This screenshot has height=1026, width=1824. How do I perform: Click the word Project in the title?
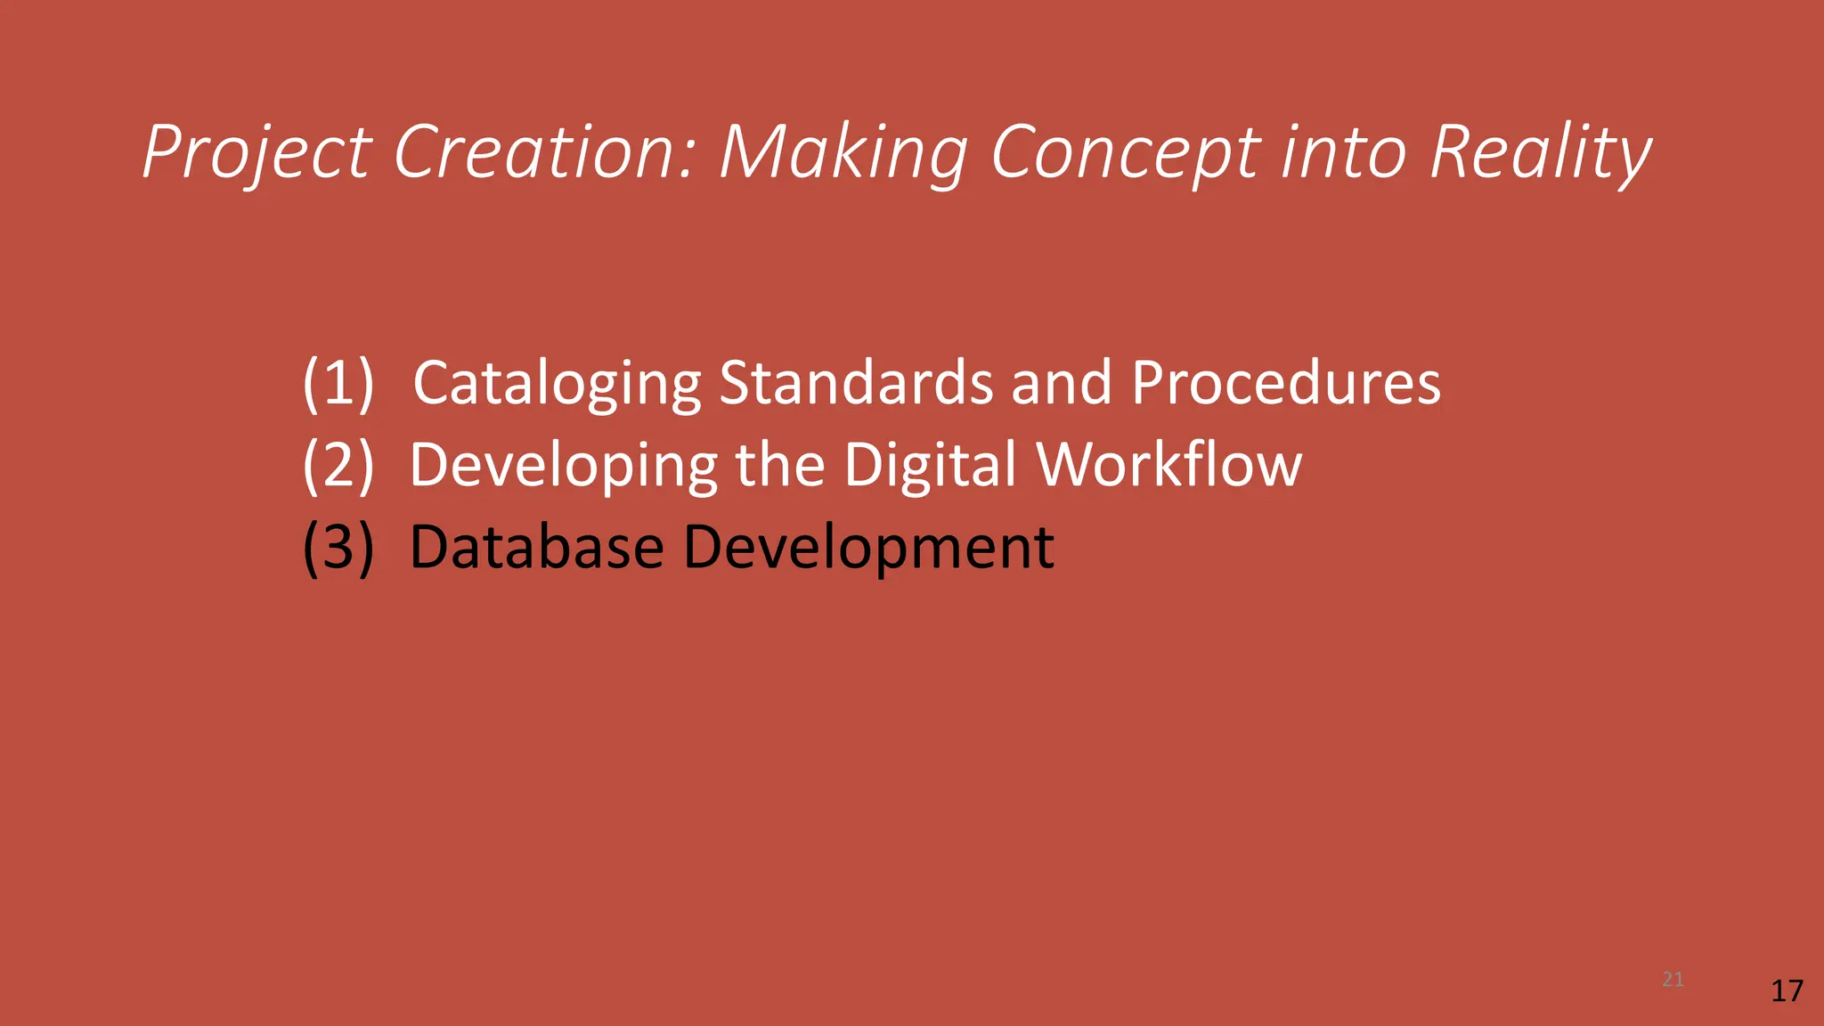pyautogui.click(x=256, y=152)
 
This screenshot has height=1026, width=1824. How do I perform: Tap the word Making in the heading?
pyautogui.click(x=843, y=152)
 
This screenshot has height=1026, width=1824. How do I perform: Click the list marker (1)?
pyautogui.click(x=338, y=383)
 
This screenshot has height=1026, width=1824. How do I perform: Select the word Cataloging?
pyautogui.click(x=558, y=383)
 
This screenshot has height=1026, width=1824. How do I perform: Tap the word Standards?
pyautogui.click(x=855, y=383)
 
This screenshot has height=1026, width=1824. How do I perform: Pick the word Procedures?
pyautogui.click(x=1285, y=383)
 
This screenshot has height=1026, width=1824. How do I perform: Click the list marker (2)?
pyautogui.click(x=338, y=465)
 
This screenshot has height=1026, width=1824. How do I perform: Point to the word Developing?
pyautogui.click(x=563, y=465)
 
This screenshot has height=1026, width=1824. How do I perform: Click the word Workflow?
pyautogui.click(x=1168, y=465)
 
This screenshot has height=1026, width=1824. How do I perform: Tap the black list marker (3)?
pyautogui.click(x=338, y=547)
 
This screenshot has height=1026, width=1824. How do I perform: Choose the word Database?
pyautogui.click(x=536, y=547)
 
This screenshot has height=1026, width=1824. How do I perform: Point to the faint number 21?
pyautogui.click(x=1673, y=980)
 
